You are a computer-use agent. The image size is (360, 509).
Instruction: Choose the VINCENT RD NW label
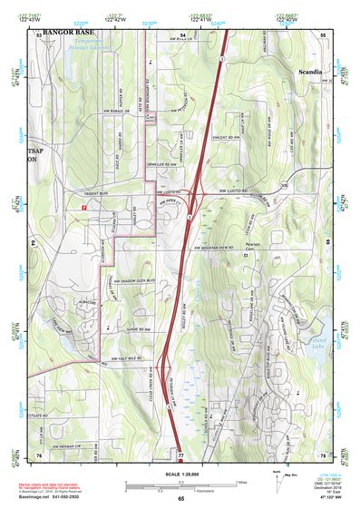(224, 137)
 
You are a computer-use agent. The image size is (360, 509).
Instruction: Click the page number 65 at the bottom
(180, 498)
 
